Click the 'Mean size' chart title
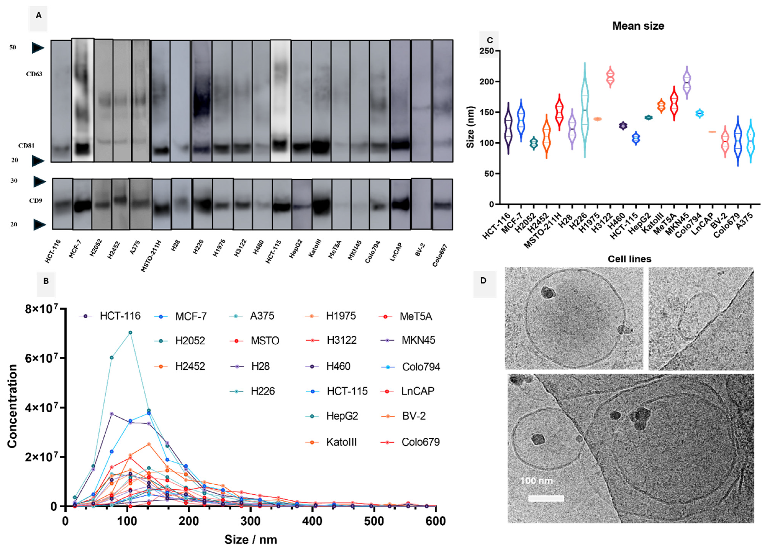(638, 26)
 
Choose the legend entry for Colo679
(420, 442)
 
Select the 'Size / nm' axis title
(251, 539)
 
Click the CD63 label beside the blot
(34, 74)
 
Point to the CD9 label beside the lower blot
(35, 201)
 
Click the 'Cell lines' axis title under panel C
(629, 259)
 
